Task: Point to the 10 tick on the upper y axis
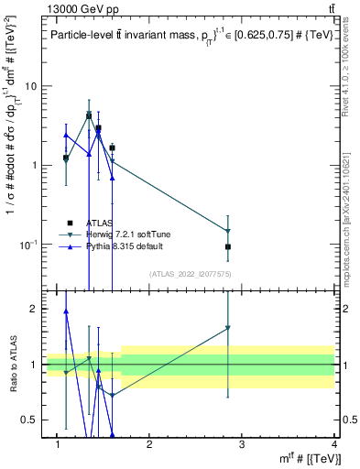pos(29,86)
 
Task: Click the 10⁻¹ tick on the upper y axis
pos(27,244)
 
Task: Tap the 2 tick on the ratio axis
pos(33,309)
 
